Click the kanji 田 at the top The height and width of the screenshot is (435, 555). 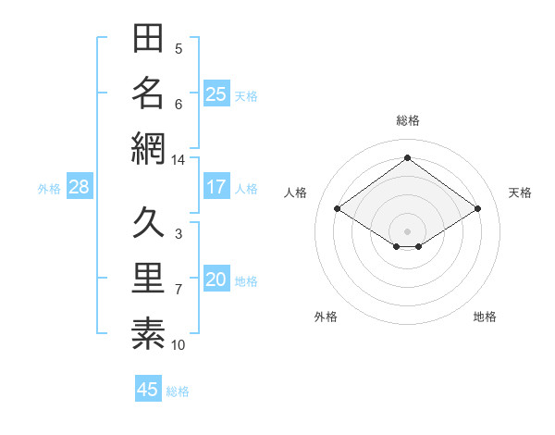[x=148, y=38]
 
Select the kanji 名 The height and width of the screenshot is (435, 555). [x=148, y=93]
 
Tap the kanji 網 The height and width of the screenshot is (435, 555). [x=148, y=148]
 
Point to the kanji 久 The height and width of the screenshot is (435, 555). [x=148, y=222]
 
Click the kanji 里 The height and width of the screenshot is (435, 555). [x=148, y=278]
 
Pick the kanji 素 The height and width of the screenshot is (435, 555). [x=148, y=333]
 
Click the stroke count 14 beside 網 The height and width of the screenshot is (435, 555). [x=178, y=160]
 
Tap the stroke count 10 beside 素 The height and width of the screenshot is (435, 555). [x=178, y=345]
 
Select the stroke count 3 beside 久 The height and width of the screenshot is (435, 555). [x=179, y=234]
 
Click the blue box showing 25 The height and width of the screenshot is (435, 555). [x=216, y=93]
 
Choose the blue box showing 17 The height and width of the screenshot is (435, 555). [x=216, y=186]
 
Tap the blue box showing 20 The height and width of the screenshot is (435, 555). [x=216, y=278]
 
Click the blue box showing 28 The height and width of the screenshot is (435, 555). [x=80, y=186]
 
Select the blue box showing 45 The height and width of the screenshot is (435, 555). [x=148, y=388]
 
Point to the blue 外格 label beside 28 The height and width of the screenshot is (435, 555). [x=49, y=189]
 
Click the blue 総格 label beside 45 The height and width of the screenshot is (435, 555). [x=178, y=391]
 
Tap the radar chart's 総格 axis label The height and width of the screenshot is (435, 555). [x=408, y=120]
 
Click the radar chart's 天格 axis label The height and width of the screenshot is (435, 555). [x=520, y=193]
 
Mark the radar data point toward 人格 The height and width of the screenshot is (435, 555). [x=338, y=208]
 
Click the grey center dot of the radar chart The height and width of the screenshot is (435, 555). [x=407, y=231]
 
